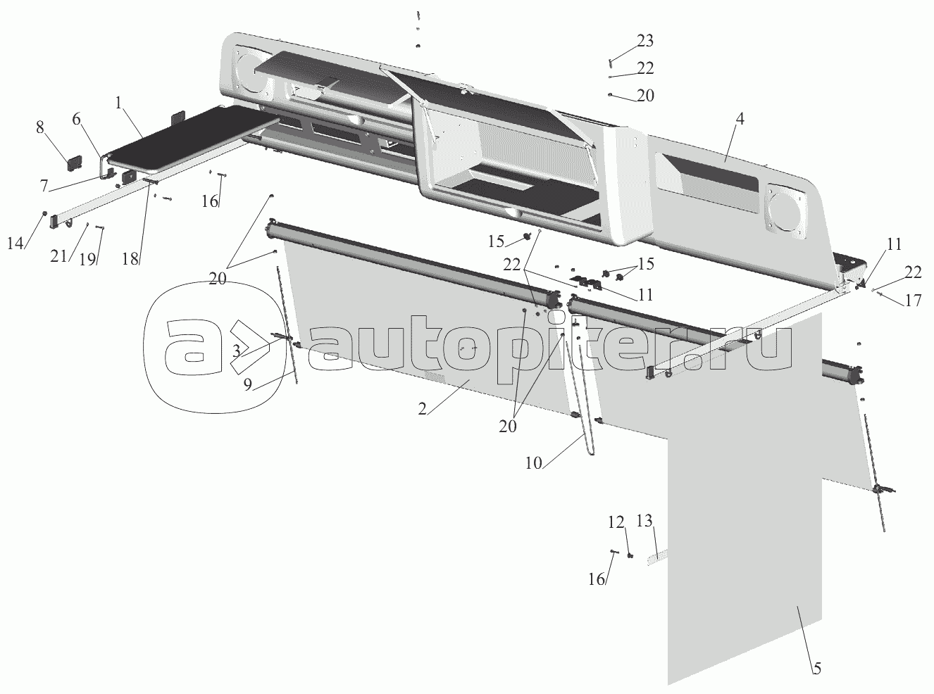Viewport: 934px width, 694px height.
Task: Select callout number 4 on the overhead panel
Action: [739, 119]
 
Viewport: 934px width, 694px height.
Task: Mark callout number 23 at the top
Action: [645, 40]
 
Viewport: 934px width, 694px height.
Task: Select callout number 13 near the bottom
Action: [645, 522]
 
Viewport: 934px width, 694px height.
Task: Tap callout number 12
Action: [616, 522]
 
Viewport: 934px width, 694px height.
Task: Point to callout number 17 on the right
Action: [913, 300]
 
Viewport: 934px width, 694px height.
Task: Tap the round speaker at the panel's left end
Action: [252, 74]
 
